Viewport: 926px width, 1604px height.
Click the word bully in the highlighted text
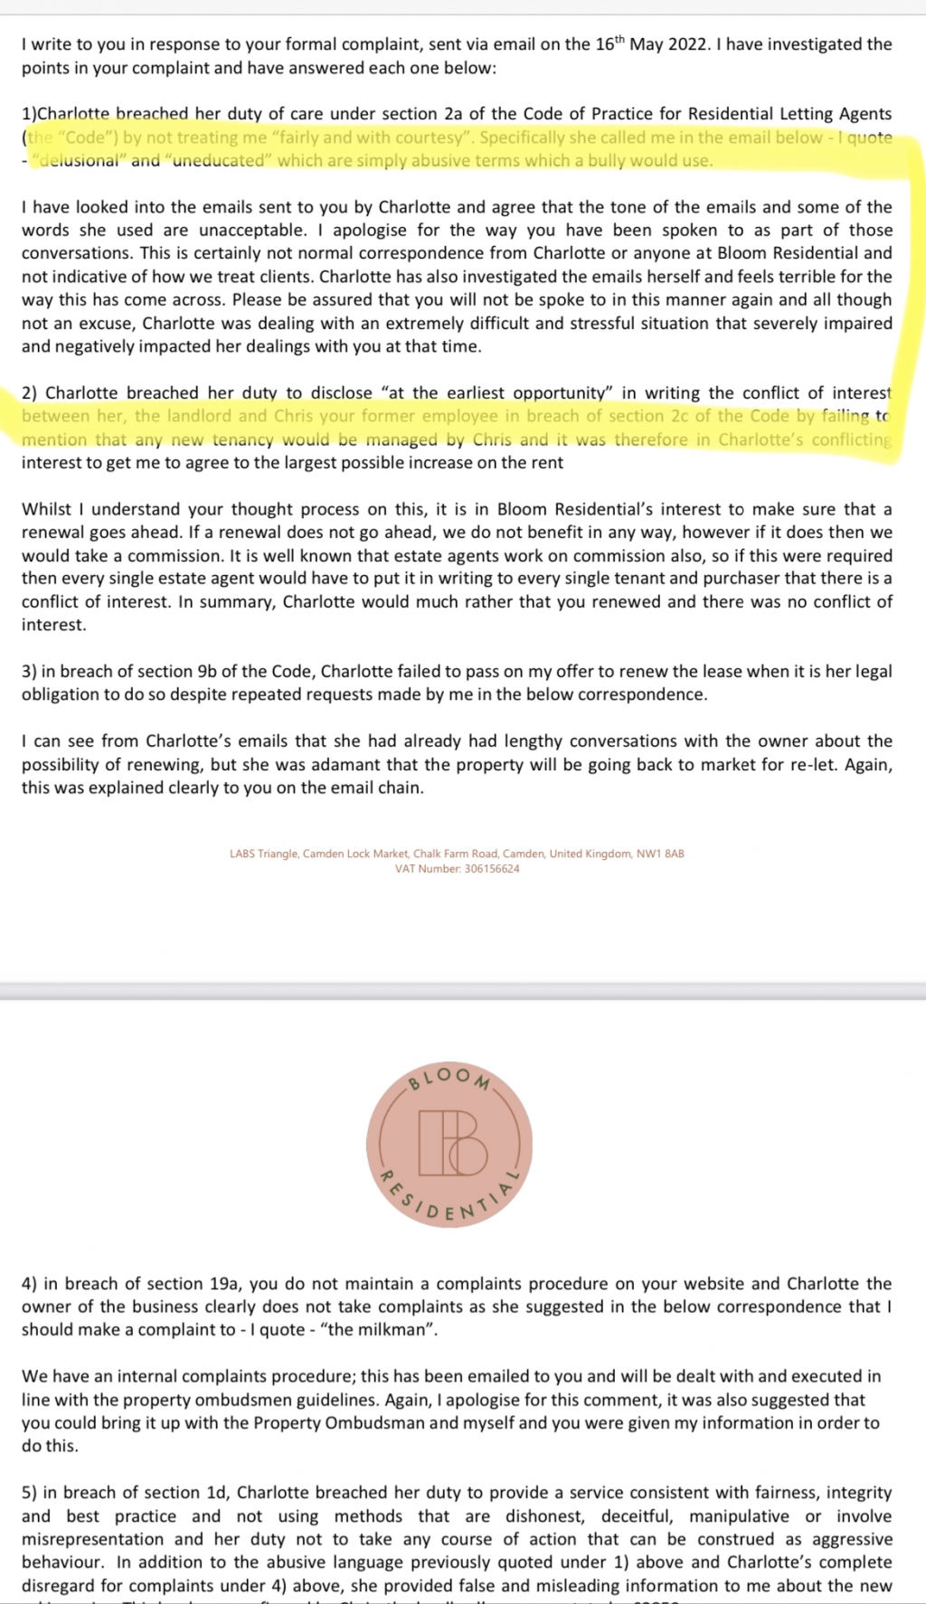pos(647,161)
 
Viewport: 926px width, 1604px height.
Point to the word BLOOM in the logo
pos(449,1077)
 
